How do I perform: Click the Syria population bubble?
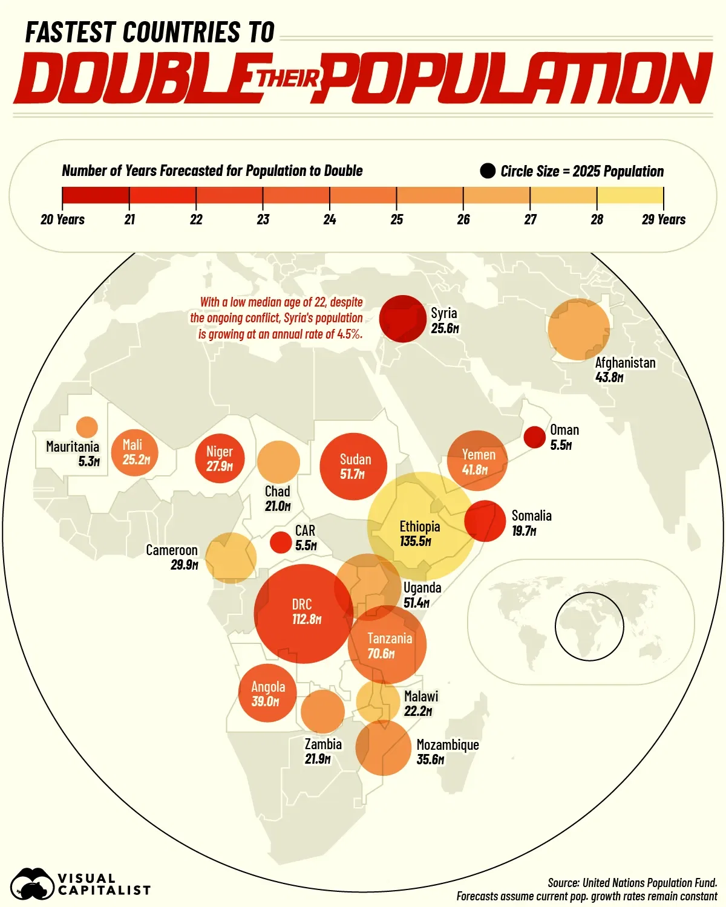point(402,319)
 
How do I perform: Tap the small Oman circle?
point(534,437)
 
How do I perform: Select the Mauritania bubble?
point(87,427)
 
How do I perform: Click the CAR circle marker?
point(281,542)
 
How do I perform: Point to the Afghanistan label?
point(625,363)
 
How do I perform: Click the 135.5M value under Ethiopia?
point(415,541)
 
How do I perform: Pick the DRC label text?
point(302,604)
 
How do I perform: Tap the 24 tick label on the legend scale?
point(330,219)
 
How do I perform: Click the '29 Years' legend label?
point(663,219)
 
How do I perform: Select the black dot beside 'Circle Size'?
point(488,171)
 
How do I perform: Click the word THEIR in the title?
point(289,79)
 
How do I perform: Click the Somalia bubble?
point(485,521)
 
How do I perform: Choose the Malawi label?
point(421,696)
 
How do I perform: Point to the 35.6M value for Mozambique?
point(430,759)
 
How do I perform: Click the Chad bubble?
point(278,462)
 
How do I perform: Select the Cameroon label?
point(172,550)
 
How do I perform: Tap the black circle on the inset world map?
point(589,626)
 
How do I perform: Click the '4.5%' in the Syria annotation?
point(349,334)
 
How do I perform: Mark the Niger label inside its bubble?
point(219,451)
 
